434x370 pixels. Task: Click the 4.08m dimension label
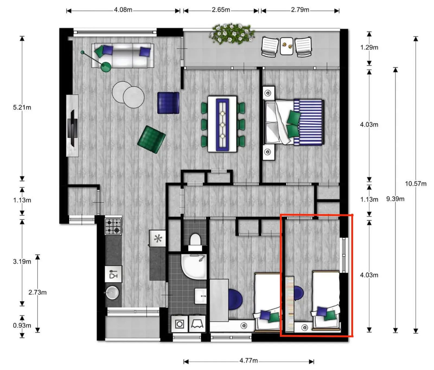(x=123, y=10)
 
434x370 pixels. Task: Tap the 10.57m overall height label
(x=416, y=184)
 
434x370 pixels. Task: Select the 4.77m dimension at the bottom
(x=248, y=361)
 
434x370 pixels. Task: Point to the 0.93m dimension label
(x=22, y=325)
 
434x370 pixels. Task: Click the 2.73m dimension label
(x=37, y=292)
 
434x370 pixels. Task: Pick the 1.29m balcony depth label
(x=369, y=47)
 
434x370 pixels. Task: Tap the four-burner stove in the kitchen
(x=113, y=226)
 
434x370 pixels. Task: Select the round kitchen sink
(x=112, y=292)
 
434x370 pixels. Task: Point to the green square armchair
(x=151, y=139)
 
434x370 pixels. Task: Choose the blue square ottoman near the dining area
(x=168, y=103)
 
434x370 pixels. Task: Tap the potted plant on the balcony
(x=232, y=34)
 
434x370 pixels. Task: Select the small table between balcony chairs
(x=286, y=46)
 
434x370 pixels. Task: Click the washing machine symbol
(x=180, y=324)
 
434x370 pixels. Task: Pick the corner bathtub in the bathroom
(x=194, y=267)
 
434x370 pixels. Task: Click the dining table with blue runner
(x=222, y=124)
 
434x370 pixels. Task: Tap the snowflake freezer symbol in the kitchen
(x=158, y=239)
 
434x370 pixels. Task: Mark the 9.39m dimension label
(x=395, y=199)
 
